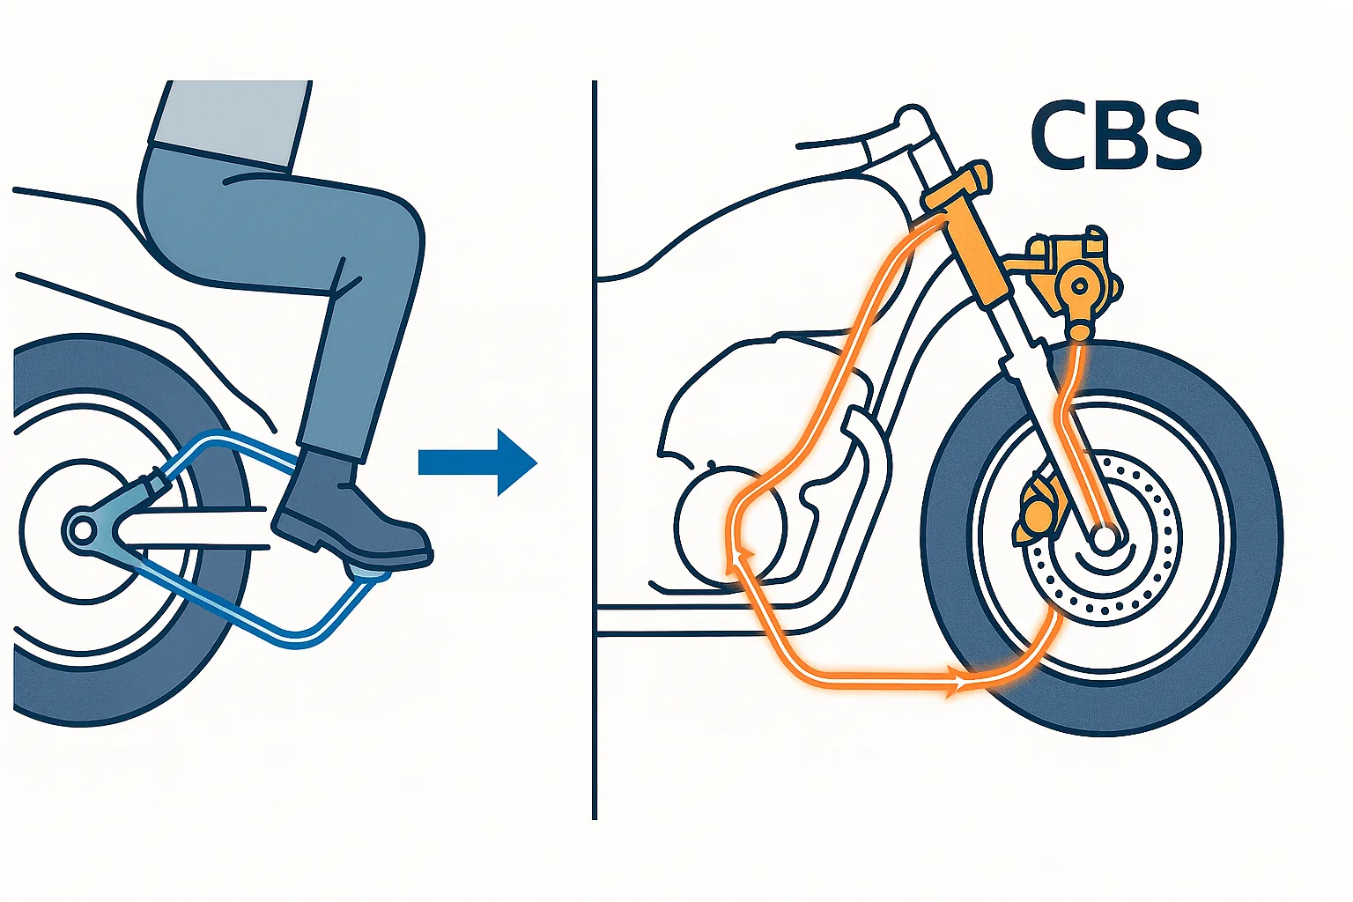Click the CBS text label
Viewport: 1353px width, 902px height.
[1116, 137]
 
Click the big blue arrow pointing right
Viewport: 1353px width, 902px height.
[477, 462]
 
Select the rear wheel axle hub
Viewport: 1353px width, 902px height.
[82, 531]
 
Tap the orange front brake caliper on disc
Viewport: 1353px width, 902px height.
[1038, 512]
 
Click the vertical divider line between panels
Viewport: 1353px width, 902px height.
[595, 450]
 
